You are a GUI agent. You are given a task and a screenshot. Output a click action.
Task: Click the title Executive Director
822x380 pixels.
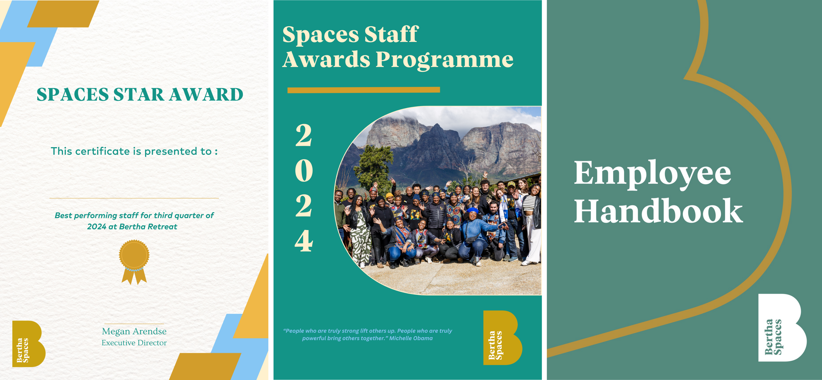coord(134,343)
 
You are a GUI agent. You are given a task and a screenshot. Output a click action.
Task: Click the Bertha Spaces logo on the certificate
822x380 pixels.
coord(29,344)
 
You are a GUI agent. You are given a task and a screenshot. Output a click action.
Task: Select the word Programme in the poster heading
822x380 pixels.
coord(444,60)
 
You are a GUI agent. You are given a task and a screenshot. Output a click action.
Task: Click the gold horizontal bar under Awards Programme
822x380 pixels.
coord(364,90)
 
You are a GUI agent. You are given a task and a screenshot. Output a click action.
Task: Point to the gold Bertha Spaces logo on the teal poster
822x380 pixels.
coord(503,338)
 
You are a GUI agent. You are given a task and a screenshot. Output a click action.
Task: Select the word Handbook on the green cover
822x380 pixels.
coord(658,211)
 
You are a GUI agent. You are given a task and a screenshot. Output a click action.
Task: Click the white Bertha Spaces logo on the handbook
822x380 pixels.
coord(782,328)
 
